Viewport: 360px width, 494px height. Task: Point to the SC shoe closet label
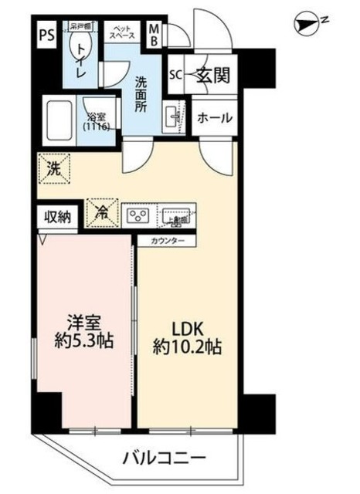point(175,76)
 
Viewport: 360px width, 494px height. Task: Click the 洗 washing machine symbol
point(52,167)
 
